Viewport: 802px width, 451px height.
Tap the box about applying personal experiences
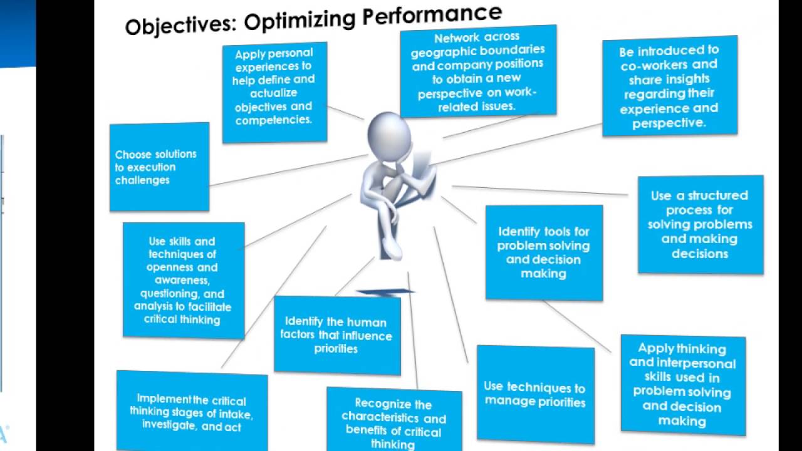tap(274, 93)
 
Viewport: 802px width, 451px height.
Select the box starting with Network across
tap(478, 71)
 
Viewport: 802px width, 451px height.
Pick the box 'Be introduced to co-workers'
tap(669, 86)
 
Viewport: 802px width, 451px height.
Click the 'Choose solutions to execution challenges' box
tap(159, 167)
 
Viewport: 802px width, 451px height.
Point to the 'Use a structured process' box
tap(700, 224)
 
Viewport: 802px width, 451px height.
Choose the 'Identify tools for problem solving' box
tap(543, 252)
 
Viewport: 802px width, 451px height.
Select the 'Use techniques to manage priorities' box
tap(535, 394)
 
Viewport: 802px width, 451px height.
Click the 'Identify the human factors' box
tap(336, 335)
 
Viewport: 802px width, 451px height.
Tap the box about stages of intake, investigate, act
tap(192, 413)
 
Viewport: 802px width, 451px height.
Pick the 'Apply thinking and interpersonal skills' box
tap(682, 385)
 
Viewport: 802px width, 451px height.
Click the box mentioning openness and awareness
tap(183, 280)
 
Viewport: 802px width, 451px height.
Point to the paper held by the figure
tap(423, 164)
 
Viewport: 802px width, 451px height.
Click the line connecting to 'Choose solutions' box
tap(288, 170)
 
